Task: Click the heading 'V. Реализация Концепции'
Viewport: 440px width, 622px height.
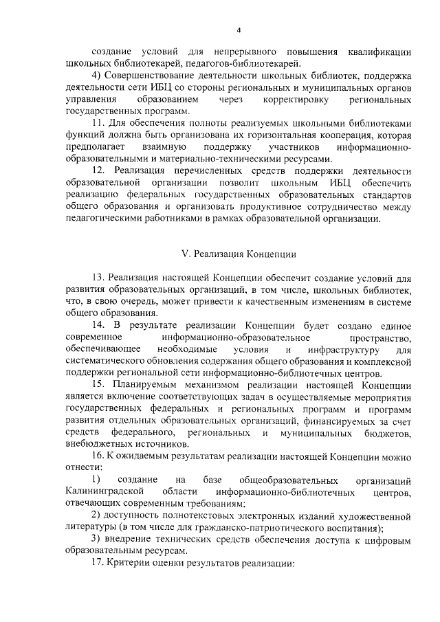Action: pyautogui.click(x=238, y=254)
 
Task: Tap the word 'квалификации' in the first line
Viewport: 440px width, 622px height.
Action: pyautogui.click(x=377, y=52)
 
